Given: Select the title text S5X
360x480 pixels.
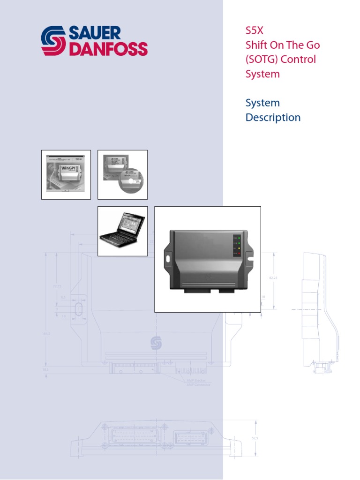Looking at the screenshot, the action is [255, 31].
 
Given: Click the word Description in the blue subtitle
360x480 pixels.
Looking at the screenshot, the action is [273, 117].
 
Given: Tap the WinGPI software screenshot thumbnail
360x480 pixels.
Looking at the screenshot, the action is [66, 175].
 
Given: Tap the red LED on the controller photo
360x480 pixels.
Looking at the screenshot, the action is [239, 254].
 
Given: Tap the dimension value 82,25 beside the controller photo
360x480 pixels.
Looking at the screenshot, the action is [273, 278].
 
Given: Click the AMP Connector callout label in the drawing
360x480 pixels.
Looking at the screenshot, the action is [199, 384].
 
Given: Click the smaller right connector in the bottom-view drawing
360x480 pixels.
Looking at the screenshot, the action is [190, 439].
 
